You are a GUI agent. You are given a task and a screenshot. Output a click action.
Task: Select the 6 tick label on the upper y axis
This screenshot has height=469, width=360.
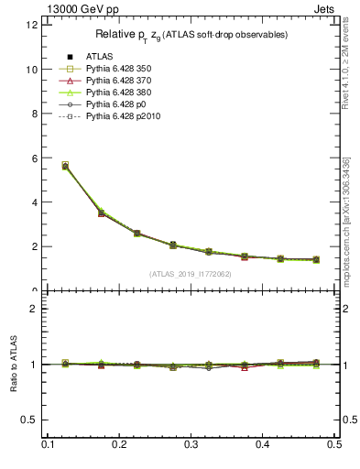pos(35,158)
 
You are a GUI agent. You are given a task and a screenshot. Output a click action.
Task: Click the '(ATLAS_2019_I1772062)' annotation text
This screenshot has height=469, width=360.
pos(191,274)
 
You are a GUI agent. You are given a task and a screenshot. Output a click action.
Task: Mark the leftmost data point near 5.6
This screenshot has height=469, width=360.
pos(64,166)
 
